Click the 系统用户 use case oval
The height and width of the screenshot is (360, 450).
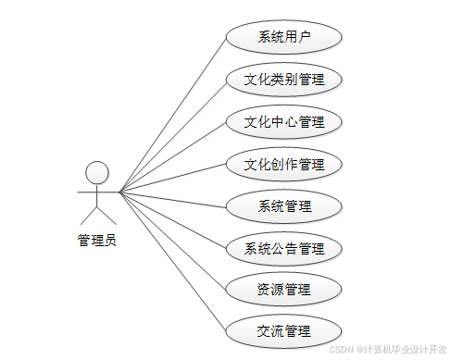(x=284, y=38)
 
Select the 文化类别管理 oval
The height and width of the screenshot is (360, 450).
(x=284, y=80)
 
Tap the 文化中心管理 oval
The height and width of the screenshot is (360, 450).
(x=284, y=122)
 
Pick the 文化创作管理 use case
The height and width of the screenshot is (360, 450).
(x=284, y=165)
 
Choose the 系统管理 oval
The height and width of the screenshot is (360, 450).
(x=284, y=206)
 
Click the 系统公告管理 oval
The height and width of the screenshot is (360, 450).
(x=284, y=248)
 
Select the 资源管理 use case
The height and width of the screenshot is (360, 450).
(x=284, y=290)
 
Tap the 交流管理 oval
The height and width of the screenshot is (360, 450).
(x=284, y=331)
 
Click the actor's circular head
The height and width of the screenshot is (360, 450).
(x=96, y=172)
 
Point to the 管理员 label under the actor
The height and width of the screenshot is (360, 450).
(x=96, y=241)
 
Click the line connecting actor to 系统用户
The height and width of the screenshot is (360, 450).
(x=172, y=116)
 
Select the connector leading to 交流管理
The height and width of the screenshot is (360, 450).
(x=172, y=263)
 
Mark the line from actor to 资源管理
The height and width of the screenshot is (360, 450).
(x=172, y=242)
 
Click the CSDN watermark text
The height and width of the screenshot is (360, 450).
(x=388, y=349)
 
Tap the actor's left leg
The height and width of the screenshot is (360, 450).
(x=86, y=216)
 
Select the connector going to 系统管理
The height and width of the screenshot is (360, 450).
(x=172, y=199)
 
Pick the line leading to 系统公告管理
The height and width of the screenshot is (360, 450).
(x=172, y=220)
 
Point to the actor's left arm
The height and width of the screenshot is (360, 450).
(x=84, y=192)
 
